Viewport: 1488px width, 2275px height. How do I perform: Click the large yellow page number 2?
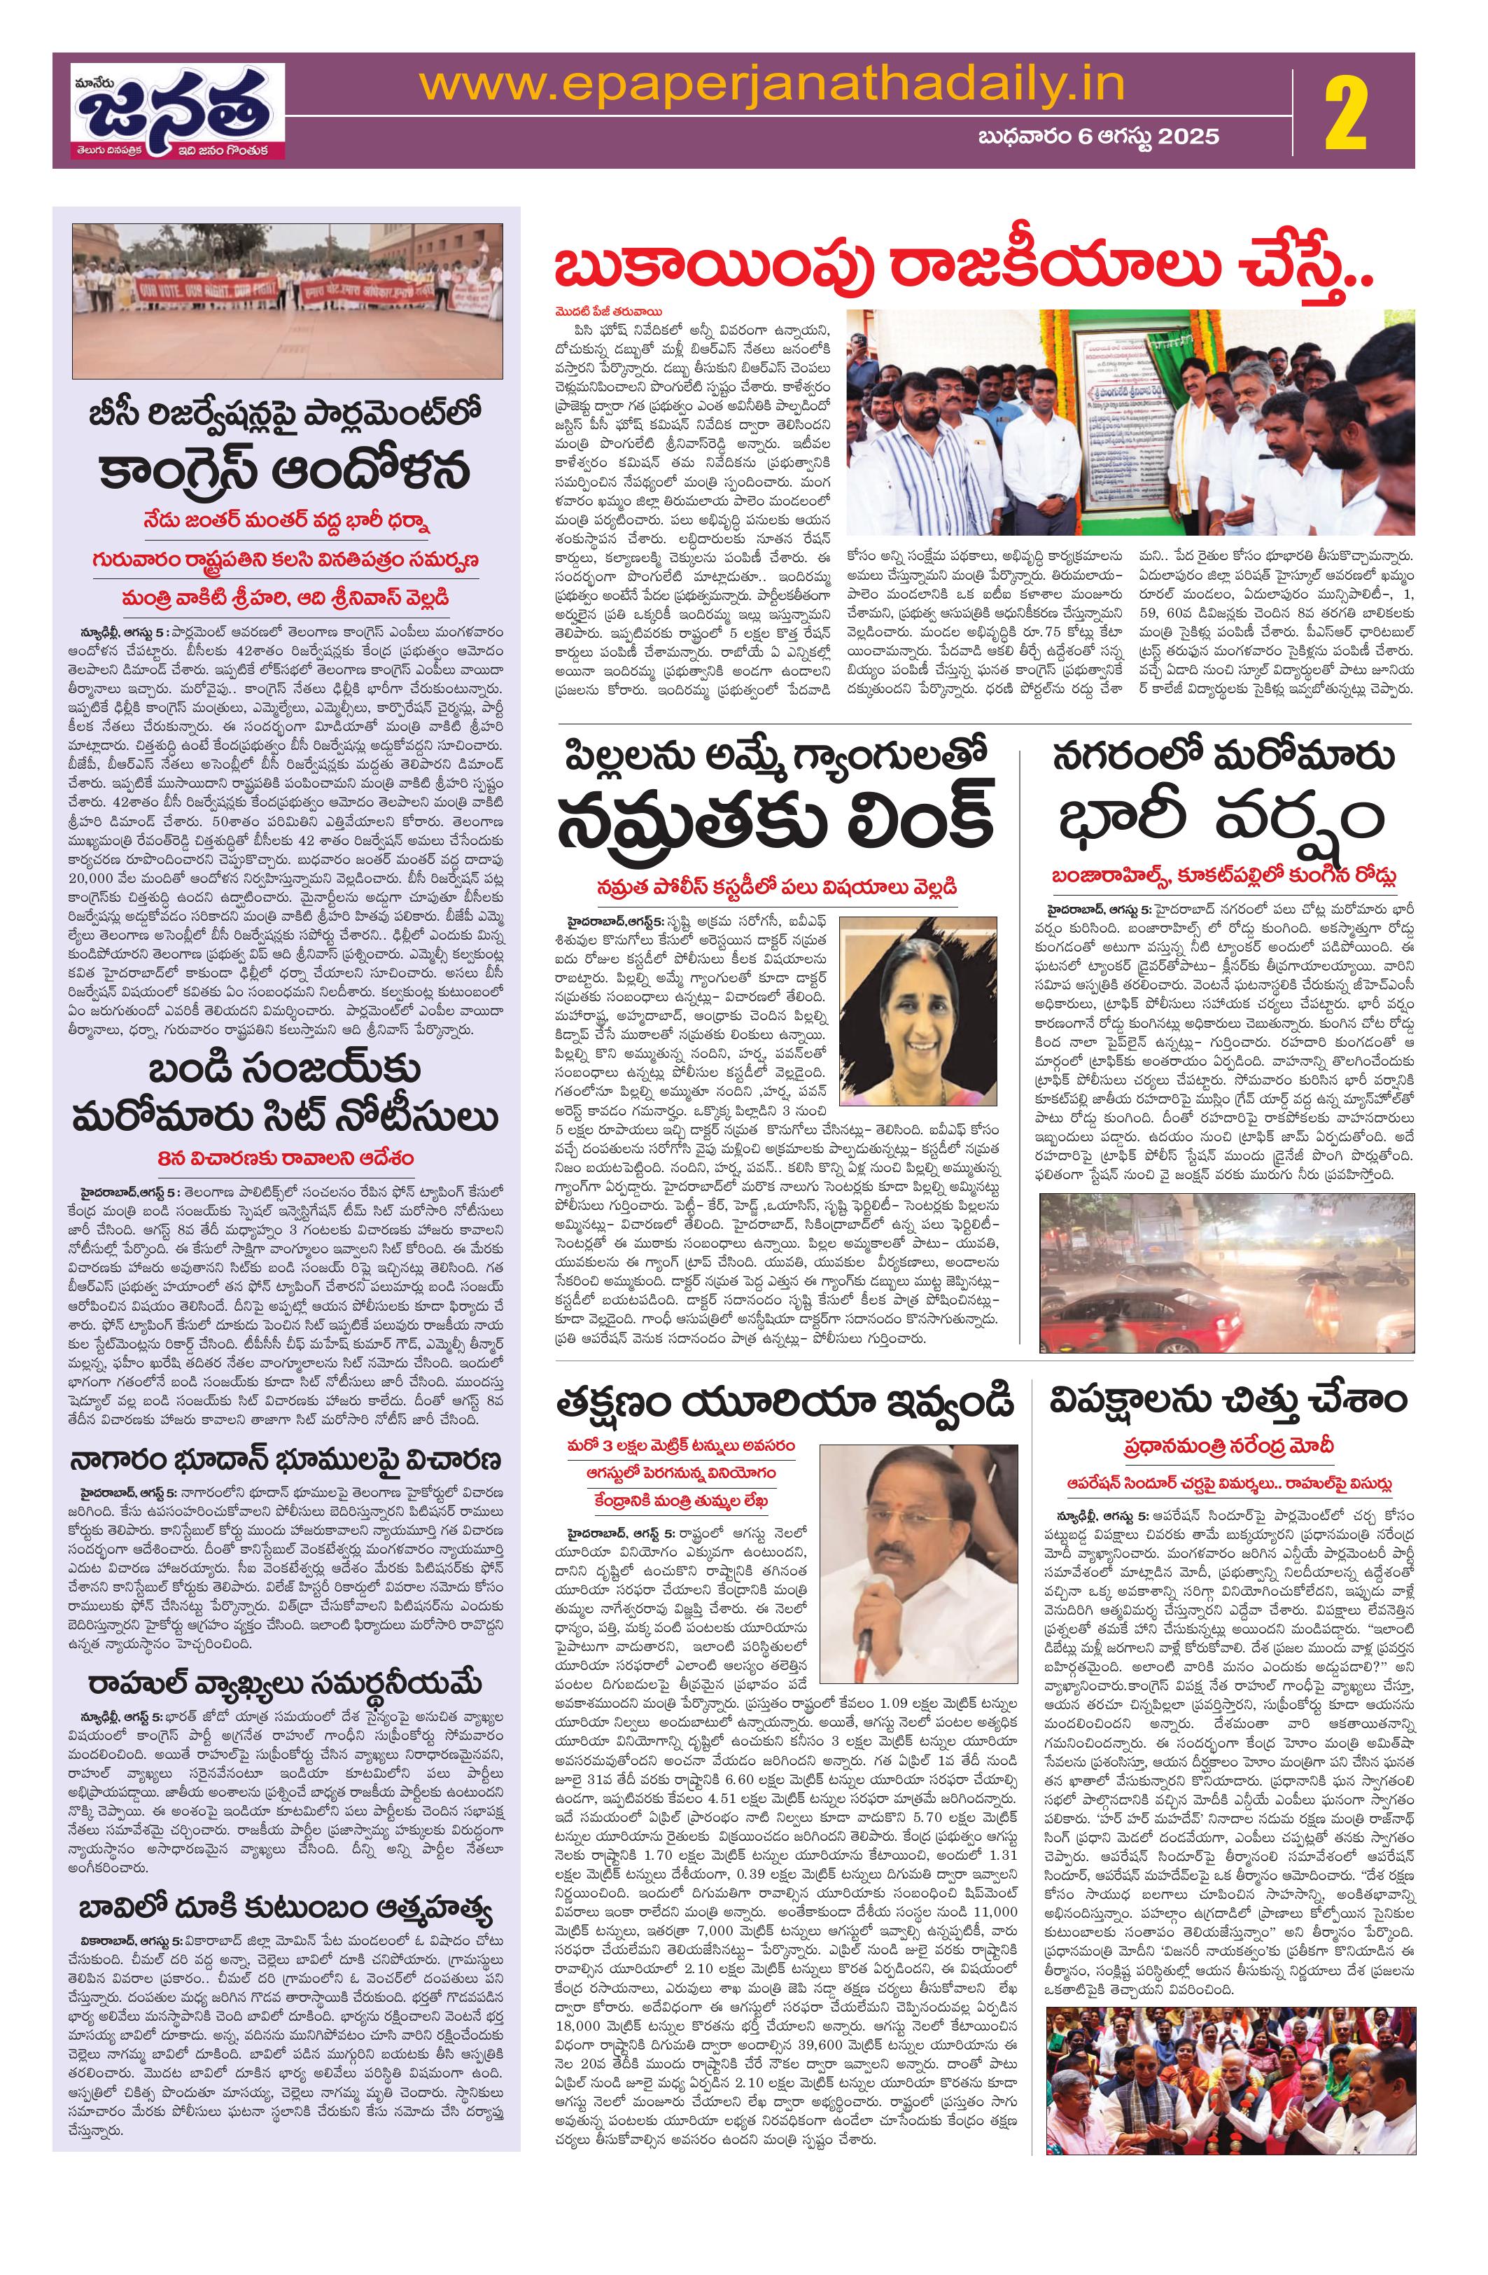(1355, 110)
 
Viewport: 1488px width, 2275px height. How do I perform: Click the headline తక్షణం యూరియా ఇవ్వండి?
(785, 1404)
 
